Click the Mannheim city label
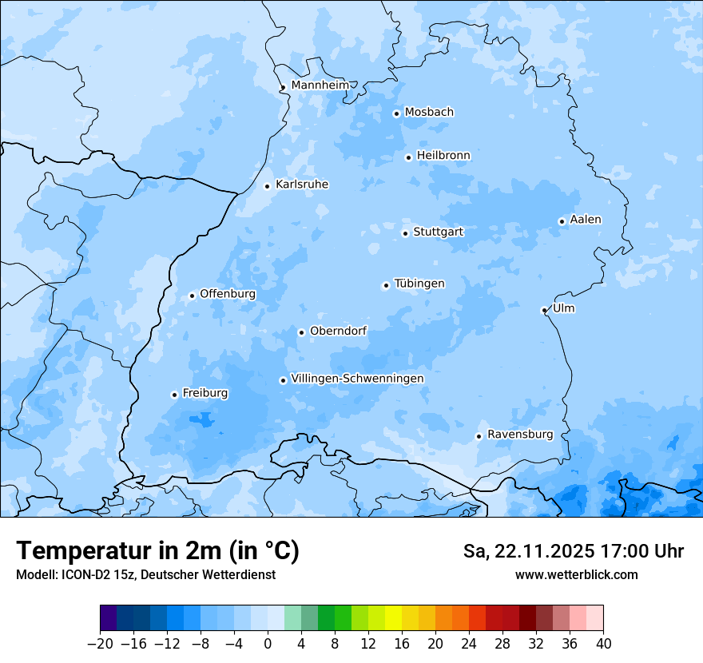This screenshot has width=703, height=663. coord(320,85)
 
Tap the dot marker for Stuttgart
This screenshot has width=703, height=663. coord(405,233)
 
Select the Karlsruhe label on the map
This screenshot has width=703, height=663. coord(301,185)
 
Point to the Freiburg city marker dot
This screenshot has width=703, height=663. coord(174,395)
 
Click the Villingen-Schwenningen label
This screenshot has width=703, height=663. coord(357,379)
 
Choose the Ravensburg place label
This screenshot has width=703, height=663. coord(519,435)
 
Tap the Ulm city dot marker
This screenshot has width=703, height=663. coord(544,310)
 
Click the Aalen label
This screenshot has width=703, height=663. coord(586,220)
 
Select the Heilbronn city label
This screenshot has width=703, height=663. coord(443,155)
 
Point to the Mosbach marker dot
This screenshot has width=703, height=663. coord(396,113)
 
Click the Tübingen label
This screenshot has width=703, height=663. coord(419,284)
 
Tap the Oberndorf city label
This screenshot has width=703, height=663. coord(338,331)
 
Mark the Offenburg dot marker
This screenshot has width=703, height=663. coord(192,296)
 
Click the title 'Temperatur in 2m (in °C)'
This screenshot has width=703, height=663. coord(157,550)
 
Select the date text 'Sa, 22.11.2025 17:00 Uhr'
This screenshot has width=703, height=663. coord(573,551)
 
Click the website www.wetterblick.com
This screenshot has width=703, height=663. coord(576,574)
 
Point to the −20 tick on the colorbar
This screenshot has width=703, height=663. coord(100,644)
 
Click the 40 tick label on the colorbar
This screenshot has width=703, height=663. coord(603,644)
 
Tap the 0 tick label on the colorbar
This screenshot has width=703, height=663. coord(268,644)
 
